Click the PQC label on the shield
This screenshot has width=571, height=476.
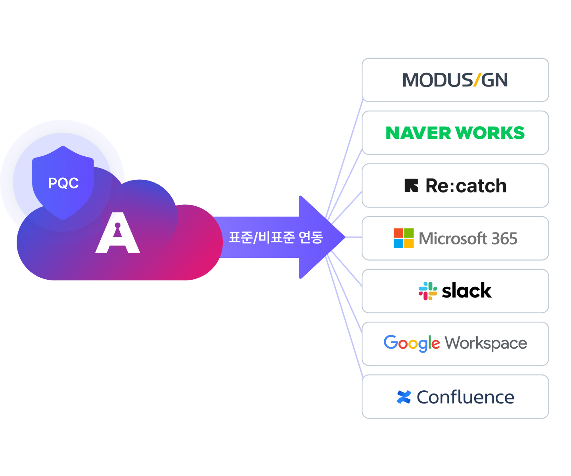tap(63, 183)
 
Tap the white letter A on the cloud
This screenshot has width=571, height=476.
tap(118, 234)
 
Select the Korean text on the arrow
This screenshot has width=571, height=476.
tap(276, 237)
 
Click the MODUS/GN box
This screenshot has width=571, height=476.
tap(455, 80)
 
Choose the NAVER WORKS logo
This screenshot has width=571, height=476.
tap(455, 133)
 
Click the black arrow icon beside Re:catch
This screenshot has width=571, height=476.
tap(411, 186)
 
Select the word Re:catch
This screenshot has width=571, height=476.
tap(466, 186)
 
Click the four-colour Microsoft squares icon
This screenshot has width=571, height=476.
tap(404, 238)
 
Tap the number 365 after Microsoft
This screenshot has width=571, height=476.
tap(504, 238)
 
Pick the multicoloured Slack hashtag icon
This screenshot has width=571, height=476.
tap(428, 291)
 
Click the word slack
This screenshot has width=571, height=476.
tap(467, 291)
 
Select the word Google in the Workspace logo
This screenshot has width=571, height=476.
tap(412, 343)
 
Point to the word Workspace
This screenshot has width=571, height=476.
tap(486, 343)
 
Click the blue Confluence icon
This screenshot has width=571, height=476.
tap(404, 397)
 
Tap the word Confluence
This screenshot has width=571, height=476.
tap(466, 397)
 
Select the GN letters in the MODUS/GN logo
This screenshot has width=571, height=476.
tap(494, 80)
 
